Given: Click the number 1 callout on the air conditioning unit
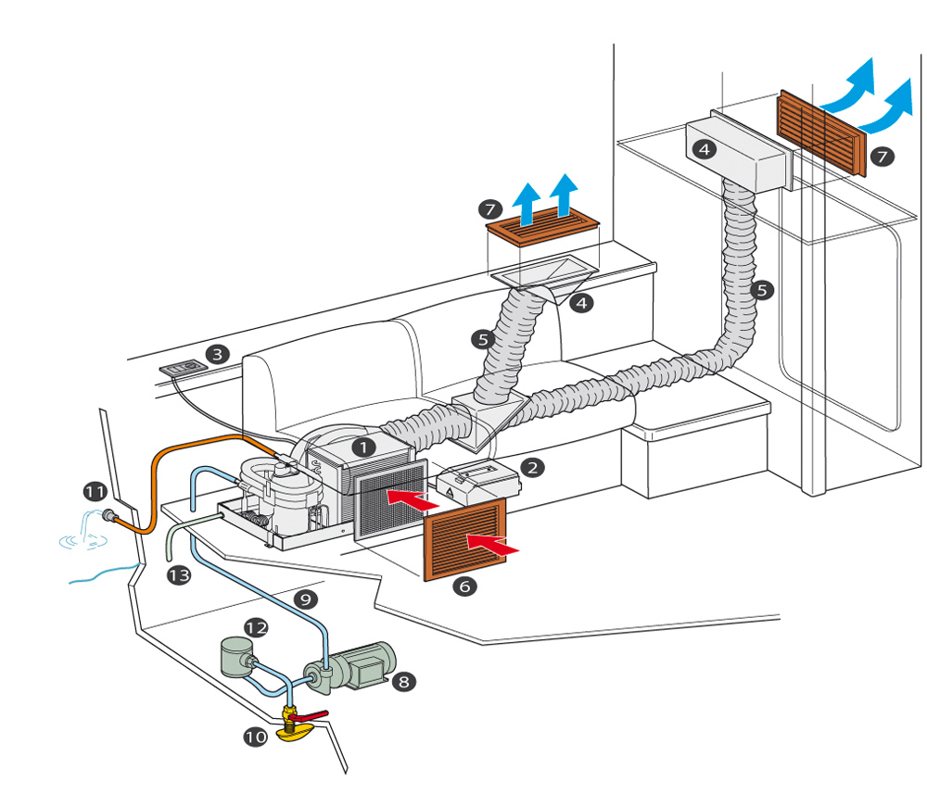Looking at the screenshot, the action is (363, 447).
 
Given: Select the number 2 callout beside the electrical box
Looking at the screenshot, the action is (532, 468).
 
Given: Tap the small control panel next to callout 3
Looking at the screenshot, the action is (184, 368).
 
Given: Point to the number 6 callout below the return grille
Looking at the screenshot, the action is (464, 586).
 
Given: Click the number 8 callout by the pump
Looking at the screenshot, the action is (404, 682).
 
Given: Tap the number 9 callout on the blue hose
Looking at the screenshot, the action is (305, 599).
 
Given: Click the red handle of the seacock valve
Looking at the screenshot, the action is (308, 716).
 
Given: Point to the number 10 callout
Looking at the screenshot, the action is (256, 737).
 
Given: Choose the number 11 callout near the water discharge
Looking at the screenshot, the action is (95, 492).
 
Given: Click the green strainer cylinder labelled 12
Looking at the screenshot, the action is (237, 658).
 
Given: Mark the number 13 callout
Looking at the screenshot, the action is (179, 574).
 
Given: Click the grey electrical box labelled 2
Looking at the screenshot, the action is (478, 483).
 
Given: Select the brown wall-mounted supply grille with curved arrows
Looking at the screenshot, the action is (821, 132).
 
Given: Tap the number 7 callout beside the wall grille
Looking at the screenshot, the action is (883, 157).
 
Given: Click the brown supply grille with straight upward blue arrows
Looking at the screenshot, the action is (542, 227).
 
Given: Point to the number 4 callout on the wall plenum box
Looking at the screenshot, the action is (705, 149).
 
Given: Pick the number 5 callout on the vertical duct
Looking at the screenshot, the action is (761, 290).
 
